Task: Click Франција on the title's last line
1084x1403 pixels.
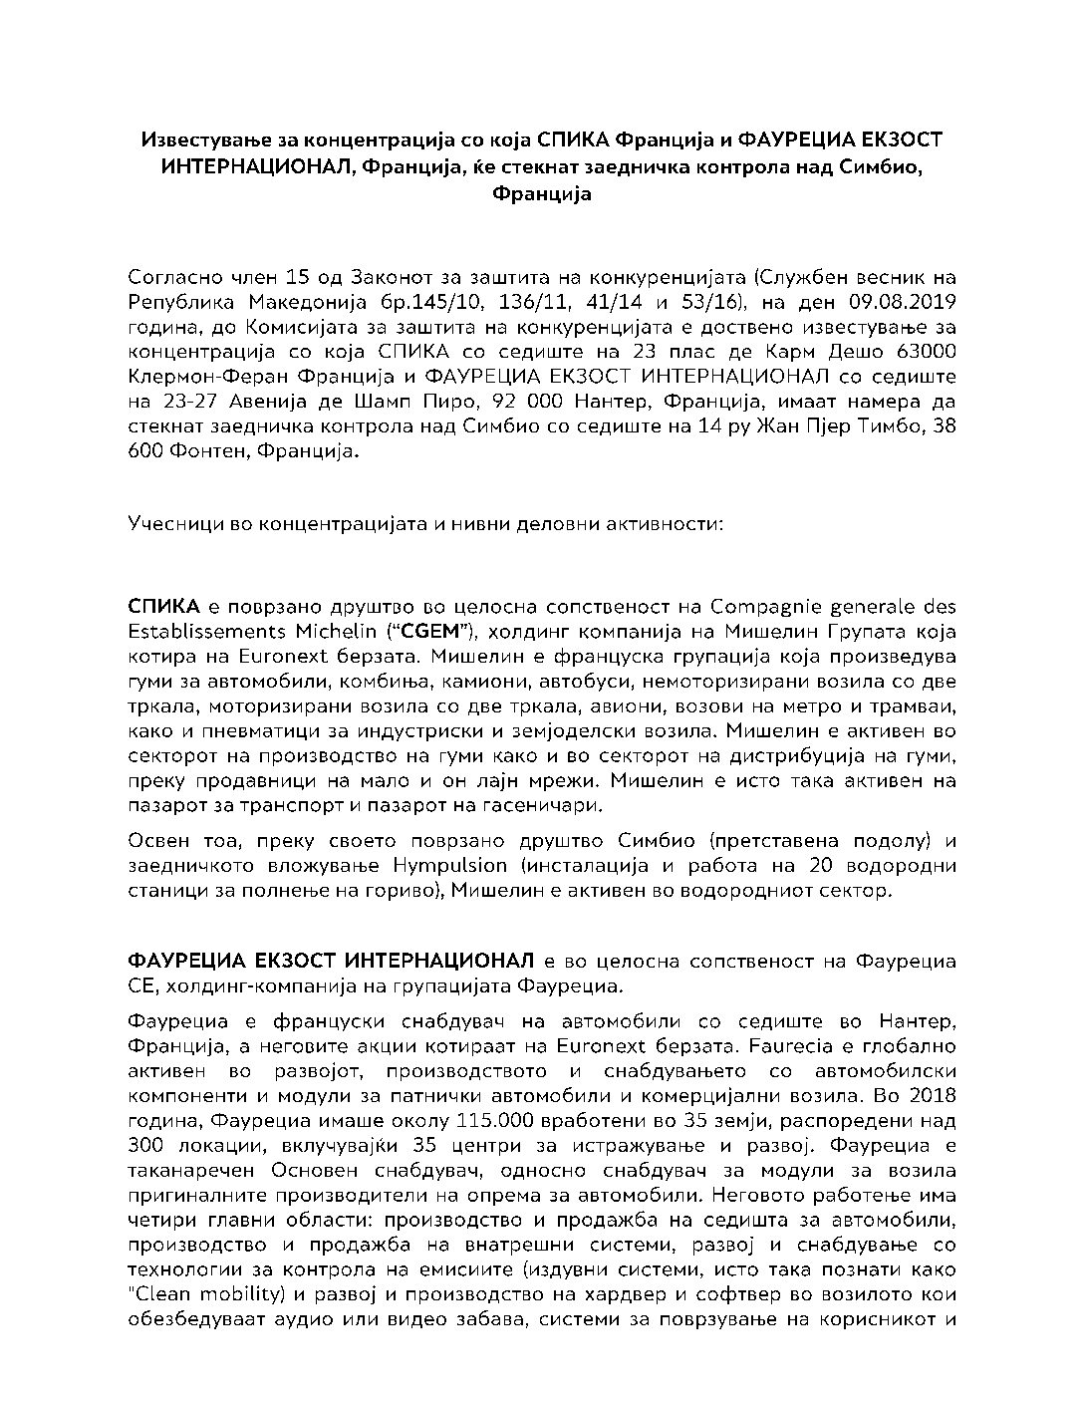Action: [542, 193]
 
